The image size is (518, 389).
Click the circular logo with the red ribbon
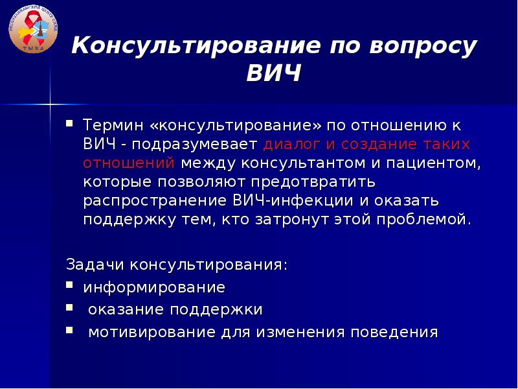coord(33,29)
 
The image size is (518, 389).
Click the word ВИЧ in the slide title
coord(274,73)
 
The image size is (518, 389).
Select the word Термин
coord(114,125)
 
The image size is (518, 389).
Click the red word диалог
coord(291,145)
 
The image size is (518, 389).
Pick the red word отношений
coord(129,163)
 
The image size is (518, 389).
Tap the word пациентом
coord(433,163)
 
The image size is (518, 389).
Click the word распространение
coord(155,201)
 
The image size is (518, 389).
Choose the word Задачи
coord(95,265)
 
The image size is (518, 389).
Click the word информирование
coord(154,287)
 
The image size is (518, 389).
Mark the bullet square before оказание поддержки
coord(69,307)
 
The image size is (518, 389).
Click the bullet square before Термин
coord(69,123)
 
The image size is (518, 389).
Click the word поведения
coord(394,332)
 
